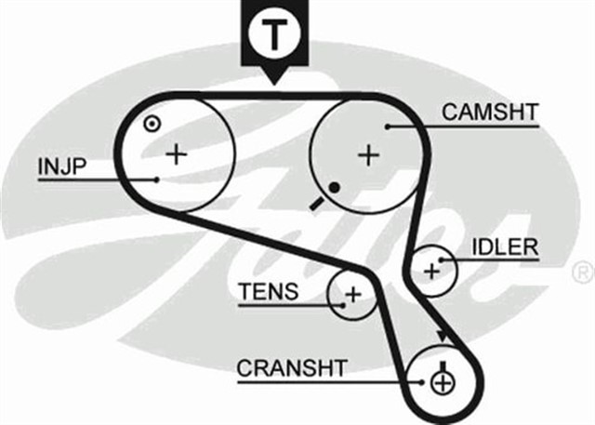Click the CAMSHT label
tap(490, 113)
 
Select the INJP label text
tap(62, 166)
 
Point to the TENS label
tap(269, 292)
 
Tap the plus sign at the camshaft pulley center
tap(369, 154)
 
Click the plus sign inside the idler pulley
tap(430, 271)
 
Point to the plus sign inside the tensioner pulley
tap(352, 296)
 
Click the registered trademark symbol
tap(581, 272)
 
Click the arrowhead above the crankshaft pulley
tap(440, 336)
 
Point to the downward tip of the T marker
tap(274, 85)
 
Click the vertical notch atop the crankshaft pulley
tap(443, 362)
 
